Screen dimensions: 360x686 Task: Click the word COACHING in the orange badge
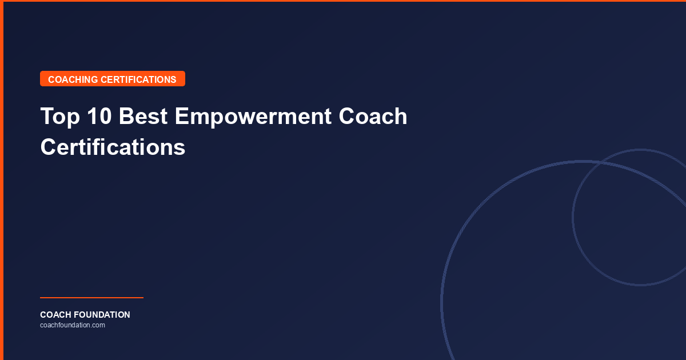[73, 79]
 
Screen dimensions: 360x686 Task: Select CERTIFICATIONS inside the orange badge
[138, 79]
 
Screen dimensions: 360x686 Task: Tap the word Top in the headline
[58, 117]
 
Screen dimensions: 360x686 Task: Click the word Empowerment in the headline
[253, 117]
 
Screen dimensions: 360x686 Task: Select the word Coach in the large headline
[373, 117]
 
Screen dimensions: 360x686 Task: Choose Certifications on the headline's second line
[113, 147]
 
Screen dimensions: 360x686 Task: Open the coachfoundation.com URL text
[73, 325]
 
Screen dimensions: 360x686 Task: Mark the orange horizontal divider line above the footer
[91, 298]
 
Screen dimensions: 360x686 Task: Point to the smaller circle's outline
[573, 217]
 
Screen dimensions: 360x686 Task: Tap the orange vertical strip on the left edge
[2, 180]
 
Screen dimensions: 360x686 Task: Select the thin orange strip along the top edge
[343, 1]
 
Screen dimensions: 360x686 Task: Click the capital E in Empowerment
[181, 117]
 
